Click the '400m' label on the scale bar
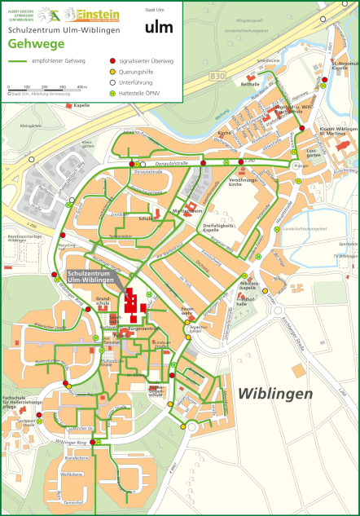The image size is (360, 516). (x=82, y=86)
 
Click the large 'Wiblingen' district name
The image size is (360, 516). (x=275, y=394)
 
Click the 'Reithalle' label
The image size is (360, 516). (x=251, y=84)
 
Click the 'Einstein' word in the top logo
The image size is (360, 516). (x=98, y=14)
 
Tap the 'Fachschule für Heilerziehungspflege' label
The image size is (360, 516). (x=20, y=402)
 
